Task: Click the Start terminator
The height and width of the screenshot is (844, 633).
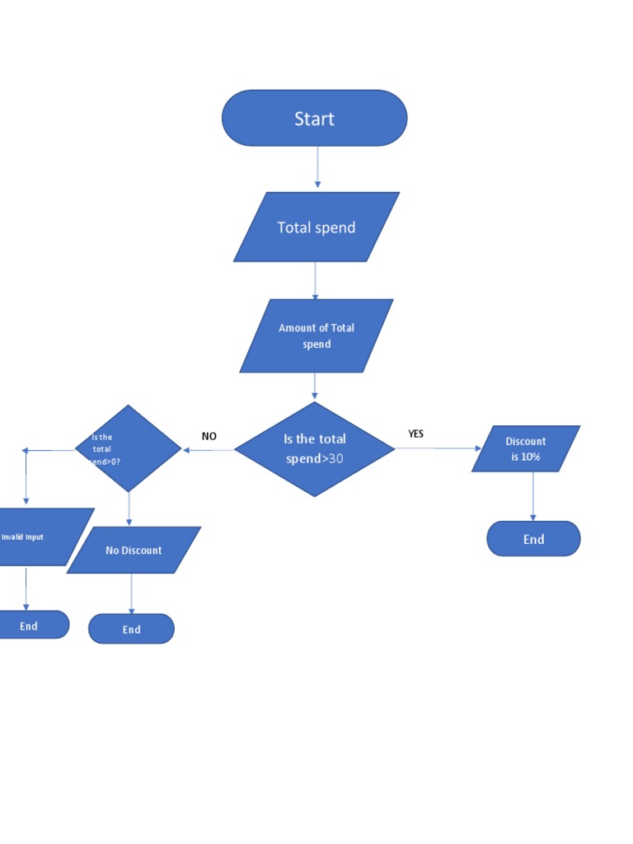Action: click(314, 119)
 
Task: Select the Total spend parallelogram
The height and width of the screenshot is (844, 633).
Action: click(316, 227)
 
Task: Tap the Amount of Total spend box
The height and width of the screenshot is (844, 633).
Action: click(316, 335)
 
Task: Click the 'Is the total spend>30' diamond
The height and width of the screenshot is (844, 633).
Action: click(315, 449)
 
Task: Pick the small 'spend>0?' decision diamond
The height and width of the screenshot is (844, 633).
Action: click(128, 448)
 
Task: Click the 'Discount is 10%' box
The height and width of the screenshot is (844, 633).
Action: click(526, 448)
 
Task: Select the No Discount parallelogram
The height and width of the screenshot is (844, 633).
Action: click(134, 550)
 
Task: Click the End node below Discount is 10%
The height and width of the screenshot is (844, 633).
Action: click(533, 539)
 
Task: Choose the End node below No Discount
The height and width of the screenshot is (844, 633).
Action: click(132, 629)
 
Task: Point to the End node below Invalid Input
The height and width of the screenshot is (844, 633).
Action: click(31, 626)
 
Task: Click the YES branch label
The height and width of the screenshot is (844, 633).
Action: click(416, 434)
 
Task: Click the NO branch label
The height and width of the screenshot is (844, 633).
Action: click(209, 436)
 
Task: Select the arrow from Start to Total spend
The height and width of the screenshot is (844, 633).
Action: click(317, 168)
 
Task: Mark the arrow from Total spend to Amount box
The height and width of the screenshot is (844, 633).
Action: click(315, 280)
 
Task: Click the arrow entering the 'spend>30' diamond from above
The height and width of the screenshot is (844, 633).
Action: click(315, 387)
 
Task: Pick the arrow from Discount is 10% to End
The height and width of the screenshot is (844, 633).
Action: click(533, 496)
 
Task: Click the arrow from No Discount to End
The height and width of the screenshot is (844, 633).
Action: click(132, 593)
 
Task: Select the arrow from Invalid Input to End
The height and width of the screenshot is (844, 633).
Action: click(26, 588)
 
